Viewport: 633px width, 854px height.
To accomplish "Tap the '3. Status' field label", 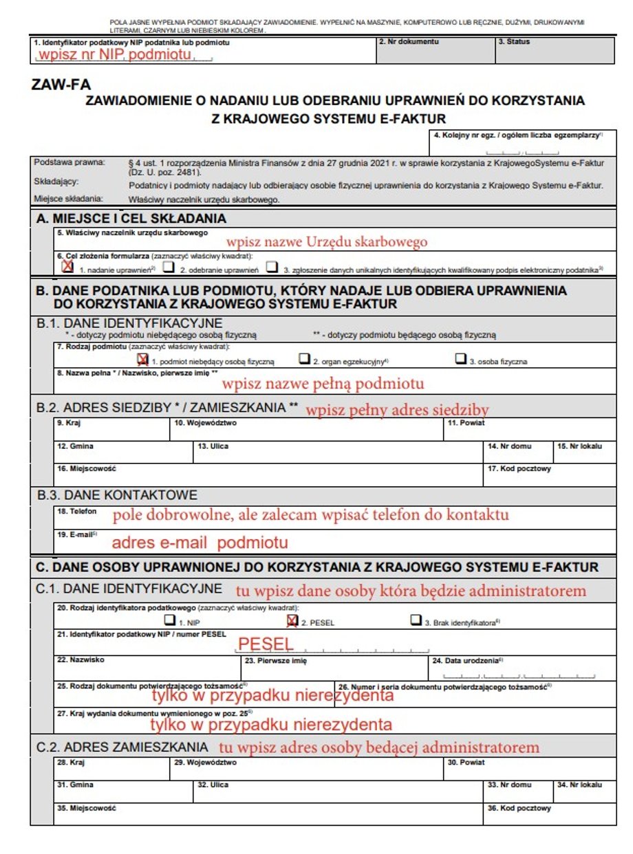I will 515,42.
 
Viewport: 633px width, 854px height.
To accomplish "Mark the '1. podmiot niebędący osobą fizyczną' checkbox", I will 142,359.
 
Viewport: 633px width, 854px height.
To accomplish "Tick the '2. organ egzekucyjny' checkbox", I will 303,359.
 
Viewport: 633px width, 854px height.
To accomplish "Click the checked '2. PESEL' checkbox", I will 292,620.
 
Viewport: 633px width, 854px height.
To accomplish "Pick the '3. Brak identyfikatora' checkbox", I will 415,620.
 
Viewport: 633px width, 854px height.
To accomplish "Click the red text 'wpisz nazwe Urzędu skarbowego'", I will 327,242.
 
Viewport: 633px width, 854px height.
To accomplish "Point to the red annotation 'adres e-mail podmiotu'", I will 200,543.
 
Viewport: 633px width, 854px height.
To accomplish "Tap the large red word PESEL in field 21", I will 266,644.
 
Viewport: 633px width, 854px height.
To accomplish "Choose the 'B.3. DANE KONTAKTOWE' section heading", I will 117,495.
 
